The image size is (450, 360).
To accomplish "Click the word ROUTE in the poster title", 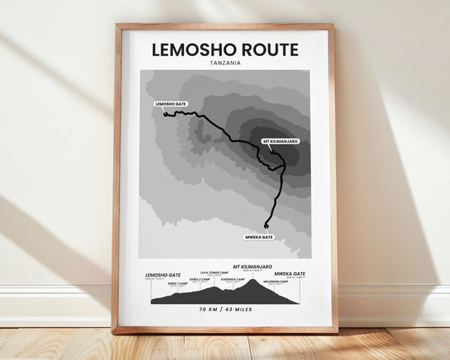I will pyautogui.click(x=268, y=50).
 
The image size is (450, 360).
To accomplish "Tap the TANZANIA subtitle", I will pyautogui.click(x=225, y=64).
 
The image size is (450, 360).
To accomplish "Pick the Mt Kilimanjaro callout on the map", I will pyautogui.click(x=281, y=140).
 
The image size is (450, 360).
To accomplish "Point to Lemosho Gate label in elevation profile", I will pyautogui.click(x=162, y=275).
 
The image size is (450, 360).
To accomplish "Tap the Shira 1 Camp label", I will pyautogui.click(x=178, y=284).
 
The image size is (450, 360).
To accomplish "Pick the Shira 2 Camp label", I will pyautogui.click(x=199, y=278).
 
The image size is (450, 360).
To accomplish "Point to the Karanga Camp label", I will pyautogui.click(x=233, y=279).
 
